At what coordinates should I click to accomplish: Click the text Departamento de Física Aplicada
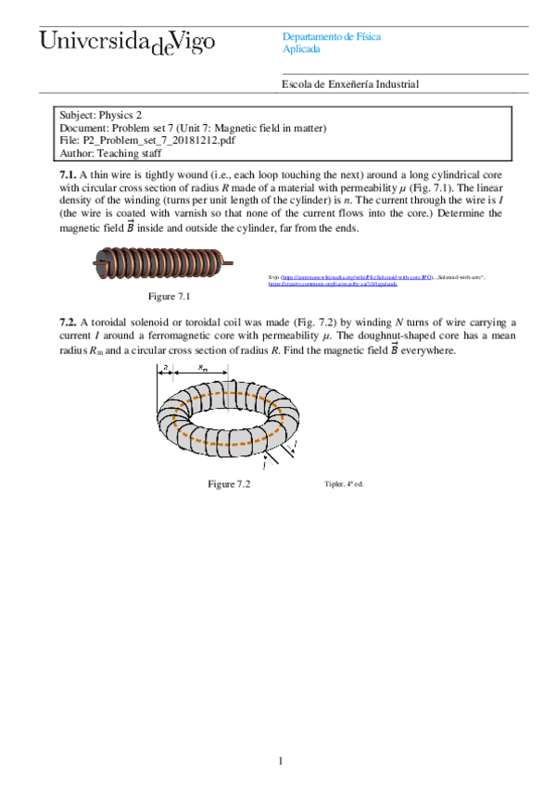331,43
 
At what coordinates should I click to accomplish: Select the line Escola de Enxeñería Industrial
350,84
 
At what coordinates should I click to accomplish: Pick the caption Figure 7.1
170,297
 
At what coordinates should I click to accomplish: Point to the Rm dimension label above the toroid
203,368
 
